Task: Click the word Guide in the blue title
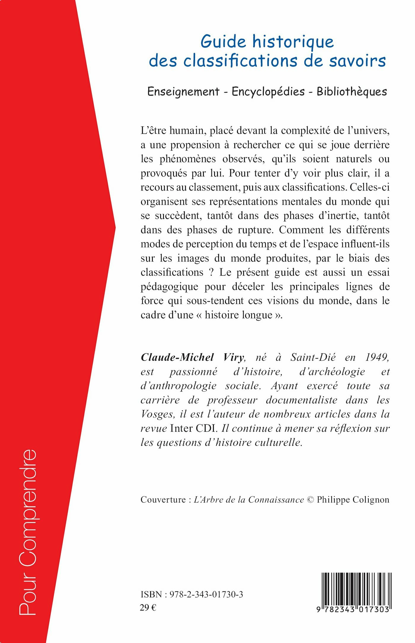223,42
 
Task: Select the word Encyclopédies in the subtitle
268,91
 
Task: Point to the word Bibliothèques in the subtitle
352,91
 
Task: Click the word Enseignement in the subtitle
183,91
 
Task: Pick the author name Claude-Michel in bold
177,357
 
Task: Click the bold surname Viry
234,357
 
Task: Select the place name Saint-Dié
313,357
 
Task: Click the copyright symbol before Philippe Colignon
310,500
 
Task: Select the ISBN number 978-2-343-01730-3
206,594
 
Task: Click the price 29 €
148,608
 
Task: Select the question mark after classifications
211,272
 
